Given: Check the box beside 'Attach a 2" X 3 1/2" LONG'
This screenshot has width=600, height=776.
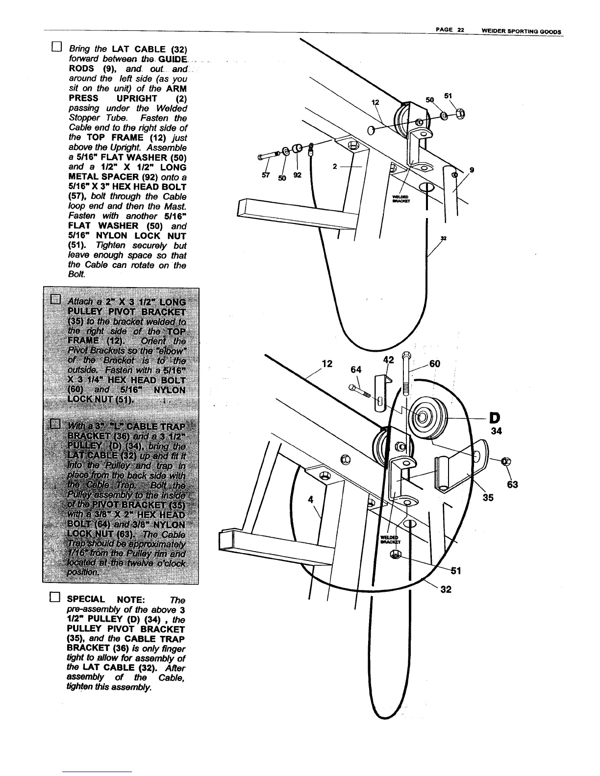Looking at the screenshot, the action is [x=55, y=298].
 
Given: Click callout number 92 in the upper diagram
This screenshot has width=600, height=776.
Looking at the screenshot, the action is [x=298, y=175].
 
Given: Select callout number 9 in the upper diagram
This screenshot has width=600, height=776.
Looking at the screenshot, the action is [x=472, y=170].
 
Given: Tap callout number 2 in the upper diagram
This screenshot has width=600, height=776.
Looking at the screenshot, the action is [x=334, y=167].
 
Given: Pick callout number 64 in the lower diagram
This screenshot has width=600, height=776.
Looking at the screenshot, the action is [x=356, y=368].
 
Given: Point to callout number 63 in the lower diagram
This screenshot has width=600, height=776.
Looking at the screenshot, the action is [x=513, y=485].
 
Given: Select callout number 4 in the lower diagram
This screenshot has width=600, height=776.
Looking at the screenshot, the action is [x=310, y=500].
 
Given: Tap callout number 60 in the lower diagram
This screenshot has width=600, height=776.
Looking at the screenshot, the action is [x=434, y=364].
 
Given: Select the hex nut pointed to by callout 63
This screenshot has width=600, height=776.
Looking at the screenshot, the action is [x=507, y=461].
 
